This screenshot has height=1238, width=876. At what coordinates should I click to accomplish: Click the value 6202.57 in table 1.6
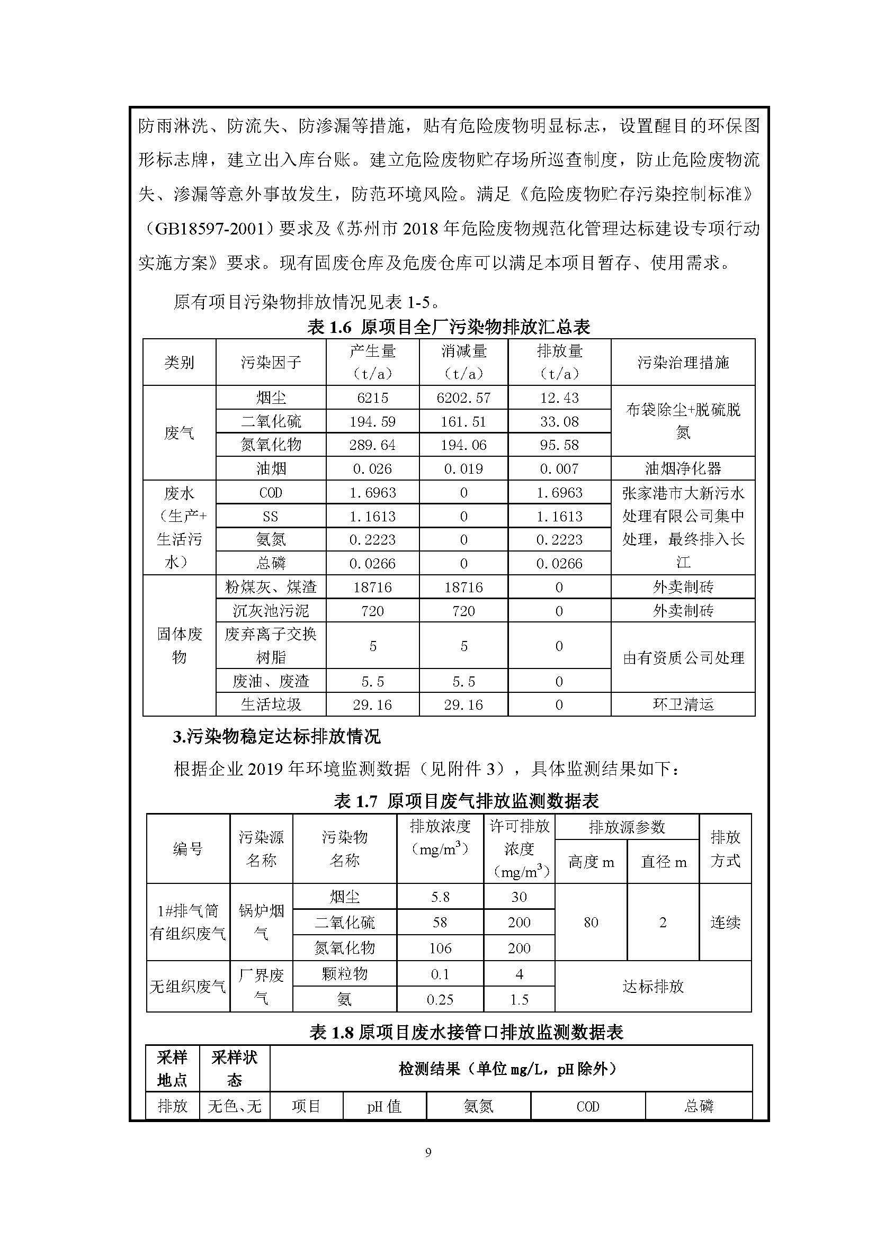(x=463, y=398)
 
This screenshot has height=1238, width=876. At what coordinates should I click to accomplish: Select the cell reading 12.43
(x=559, y=398)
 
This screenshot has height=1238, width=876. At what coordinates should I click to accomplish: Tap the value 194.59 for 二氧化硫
(x=372, y=422)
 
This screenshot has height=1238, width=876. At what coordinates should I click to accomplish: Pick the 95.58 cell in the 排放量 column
(x=559, y=445)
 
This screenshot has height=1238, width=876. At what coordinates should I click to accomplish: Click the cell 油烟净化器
(x=683, y=468)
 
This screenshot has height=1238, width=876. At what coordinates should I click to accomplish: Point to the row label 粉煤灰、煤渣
(x=271, y=586)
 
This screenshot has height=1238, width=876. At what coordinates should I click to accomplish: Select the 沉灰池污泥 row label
(x=271, y=610)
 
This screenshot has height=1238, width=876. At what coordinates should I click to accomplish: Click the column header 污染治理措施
(x=683, y=363)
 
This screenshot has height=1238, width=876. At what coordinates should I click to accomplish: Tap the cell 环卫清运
(x=683, y=704)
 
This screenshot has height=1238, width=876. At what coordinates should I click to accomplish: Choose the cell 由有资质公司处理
(x=683, y=658)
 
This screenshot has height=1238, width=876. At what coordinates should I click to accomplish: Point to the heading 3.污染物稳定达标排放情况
(x=276, y=737)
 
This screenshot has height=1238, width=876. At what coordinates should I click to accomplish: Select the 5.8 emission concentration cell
(x=440, y=897)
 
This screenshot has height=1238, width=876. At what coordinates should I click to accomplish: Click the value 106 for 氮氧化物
(x=440, y=948)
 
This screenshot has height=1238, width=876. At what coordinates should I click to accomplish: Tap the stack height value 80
(x=591, y=922)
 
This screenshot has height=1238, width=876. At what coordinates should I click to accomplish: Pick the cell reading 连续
(x=725, y=922)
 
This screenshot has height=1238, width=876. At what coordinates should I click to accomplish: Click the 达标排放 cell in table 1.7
(x=652, y=987)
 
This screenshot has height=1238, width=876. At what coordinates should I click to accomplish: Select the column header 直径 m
(x=663, y=862)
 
